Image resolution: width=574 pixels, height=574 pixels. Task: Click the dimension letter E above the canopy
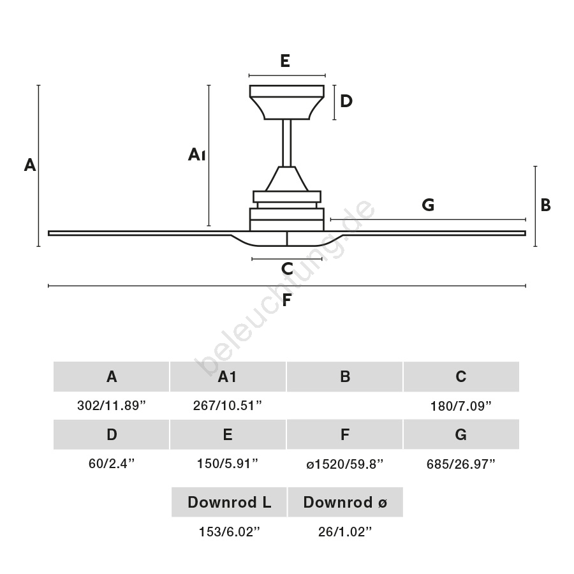[x=285, y=61]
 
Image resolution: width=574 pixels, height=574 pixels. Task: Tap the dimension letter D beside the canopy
[x=346, y=101]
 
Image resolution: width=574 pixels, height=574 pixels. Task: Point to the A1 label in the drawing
[x=196, y=154]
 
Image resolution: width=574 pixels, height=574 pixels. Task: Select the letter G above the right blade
[x=428, y=205]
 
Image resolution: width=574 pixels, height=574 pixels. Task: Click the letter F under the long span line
[x=286, y=300]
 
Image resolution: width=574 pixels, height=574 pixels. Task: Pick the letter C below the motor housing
[x=286, y=269]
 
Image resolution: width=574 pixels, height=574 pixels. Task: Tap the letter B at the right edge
[x=545, y=205]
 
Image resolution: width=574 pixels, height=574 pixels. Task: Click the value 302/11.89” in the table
[x=112, y=406]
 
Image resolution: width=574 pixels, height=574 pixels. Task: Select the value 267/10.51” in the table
[x=228, y=406]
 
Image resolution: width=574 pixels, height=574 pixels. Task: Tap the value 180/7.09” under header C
[x=461, y=406]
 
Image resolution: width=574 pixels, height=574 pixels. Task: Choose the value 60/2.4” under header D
[x=112, y=464]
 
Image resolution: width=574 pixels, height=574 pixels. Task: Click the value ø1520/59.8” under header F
[x=344, y=464]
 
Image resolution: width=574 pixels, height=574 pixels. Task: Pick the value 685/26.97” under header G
[x=461, y=464]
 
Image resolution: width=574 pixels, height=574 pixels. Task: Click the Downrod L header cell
[x=229, y=503]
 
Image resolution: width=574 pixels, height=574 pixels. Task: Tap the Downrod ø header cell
[x=345, y=503]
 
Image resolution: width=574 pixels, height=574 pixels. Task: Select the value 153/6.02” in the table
[x=229, y=532]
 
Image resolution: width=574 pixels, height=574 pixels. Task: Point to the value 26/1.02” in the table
[x=345, y=532]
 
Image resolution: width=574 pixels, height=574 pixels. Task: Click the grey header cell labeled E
[x=228, y=435]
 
